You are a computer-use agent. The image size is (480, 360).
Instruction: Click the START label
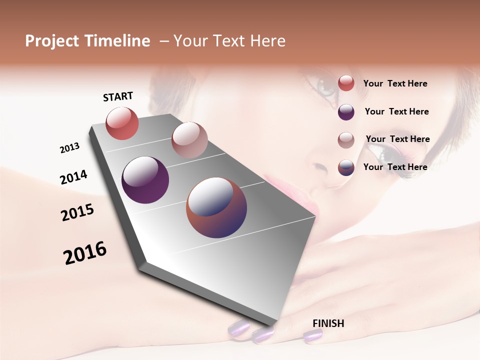click(118, 96)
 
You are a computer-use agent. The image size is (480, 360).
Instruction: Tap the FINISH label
click(328, 323)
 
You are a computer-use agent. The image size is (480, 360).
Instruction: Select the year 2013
click(70, 148)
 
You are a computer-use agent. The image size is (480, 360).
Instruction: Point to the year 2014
click(73, 177)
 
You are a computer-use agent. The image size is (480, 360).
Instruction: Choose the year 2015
click(77, 212)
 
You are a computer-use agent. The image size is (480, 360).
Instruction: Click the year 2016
click(85, 253)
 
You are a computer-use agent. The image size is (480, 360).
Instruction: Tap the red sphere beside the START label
click(122, 123)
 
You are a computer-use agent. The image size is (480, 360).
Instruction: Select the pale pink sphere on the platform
click(189, 139)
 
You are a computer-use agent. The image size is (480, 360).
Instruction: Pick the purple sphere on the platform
click(145, 180)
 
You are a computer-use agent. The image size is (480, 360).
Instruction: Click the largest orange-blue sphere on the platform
click(216, 207)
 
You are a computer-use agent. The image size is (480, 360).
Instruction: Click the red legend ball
click(346, 83)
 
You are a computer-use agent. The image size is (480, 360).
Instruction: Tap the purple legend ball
click(346, 112)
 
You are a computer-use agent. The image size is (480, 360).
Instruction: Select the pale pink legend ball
click(346, 140)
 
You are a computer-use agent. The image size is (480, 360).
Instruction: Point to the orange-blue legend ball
click(346, 167)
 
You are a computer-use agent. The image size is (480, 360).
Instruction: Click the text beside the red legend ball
click(395, 84)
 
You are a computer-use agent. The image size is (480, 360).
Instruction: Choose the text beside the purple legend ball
click(396, 111)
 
